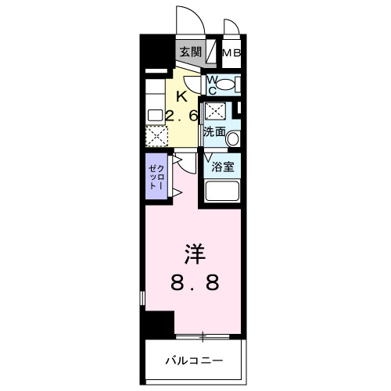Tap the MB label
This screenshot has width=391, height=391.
[231, 53]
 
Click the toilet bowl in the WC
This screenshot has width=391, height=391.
[226, 84]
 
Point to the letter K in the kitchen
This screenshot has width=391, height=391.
[181, 97]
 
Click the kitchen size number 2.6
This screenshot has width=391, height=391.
[181, 115]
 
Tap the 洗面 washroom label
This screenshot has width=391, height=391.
[214, 132]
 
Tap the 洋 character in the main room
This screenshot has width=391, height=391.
[194, 254]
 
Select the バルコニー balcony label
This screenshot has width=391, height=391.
[194, 361]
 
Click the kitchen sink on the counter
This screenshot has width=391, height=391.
[154, 115]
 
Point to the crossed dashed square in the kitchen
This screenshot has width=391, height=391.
[155, 138]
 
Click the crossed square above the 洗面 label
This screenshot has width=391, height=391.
[214, 112]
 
